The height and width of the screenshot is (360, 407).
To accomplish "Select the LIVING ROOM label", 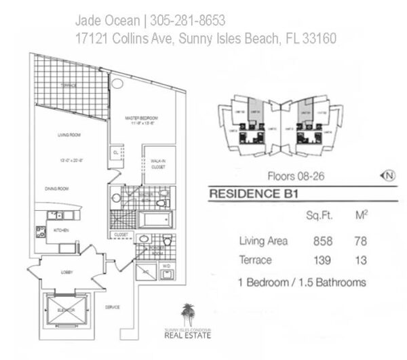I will [69, 136].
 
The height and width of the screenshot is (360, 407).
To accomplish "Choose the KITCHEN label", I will [62, 231].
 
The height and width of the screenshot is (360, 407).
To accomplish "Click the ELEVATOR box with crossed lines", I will [66, 309].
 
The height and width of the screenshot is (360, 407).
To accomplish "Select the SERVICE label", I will [112, 307].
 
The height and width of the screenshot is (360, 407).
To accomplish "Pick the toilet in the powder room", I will [167, 241].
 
